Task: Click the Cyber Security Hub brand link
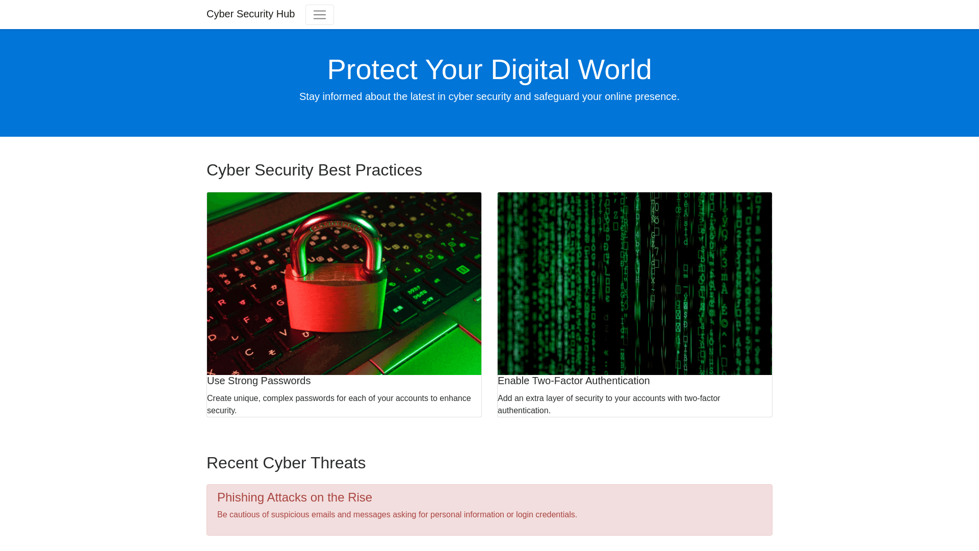(x=250, y=14)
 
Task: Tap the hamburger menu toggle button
(x=320, y=15)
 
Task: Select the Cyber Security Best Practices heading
(x=314, y=170)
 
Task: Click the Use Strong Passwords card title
(x=259, y=381)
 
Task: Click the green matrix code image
(x=635, y=284)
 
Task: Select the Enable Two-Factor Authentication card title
(x=574, y=381)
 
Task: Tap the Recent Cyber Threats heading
(x=286, y=463)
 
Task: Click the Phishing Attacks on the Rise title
(x=295, y=497)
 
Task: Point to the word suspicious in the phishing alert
(x=290, y=515)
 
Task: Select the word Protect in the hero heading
(x=372, y=69)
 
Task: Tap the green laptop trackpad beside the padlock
(x=433, y=347)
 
